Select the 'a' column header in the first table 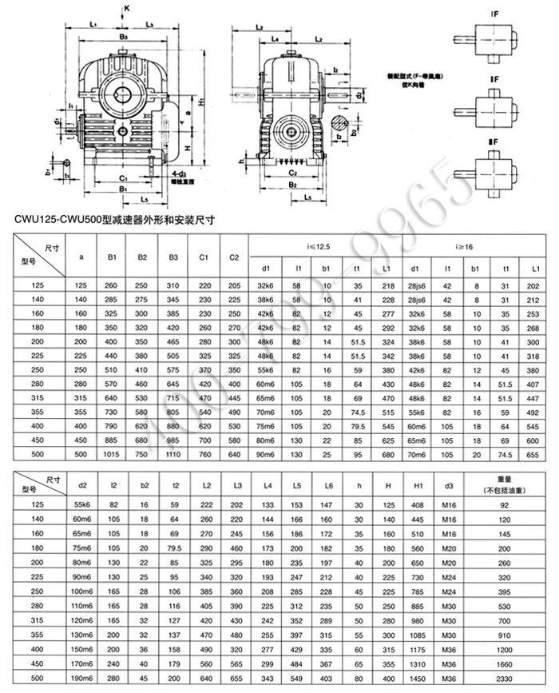pos(81,257)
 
